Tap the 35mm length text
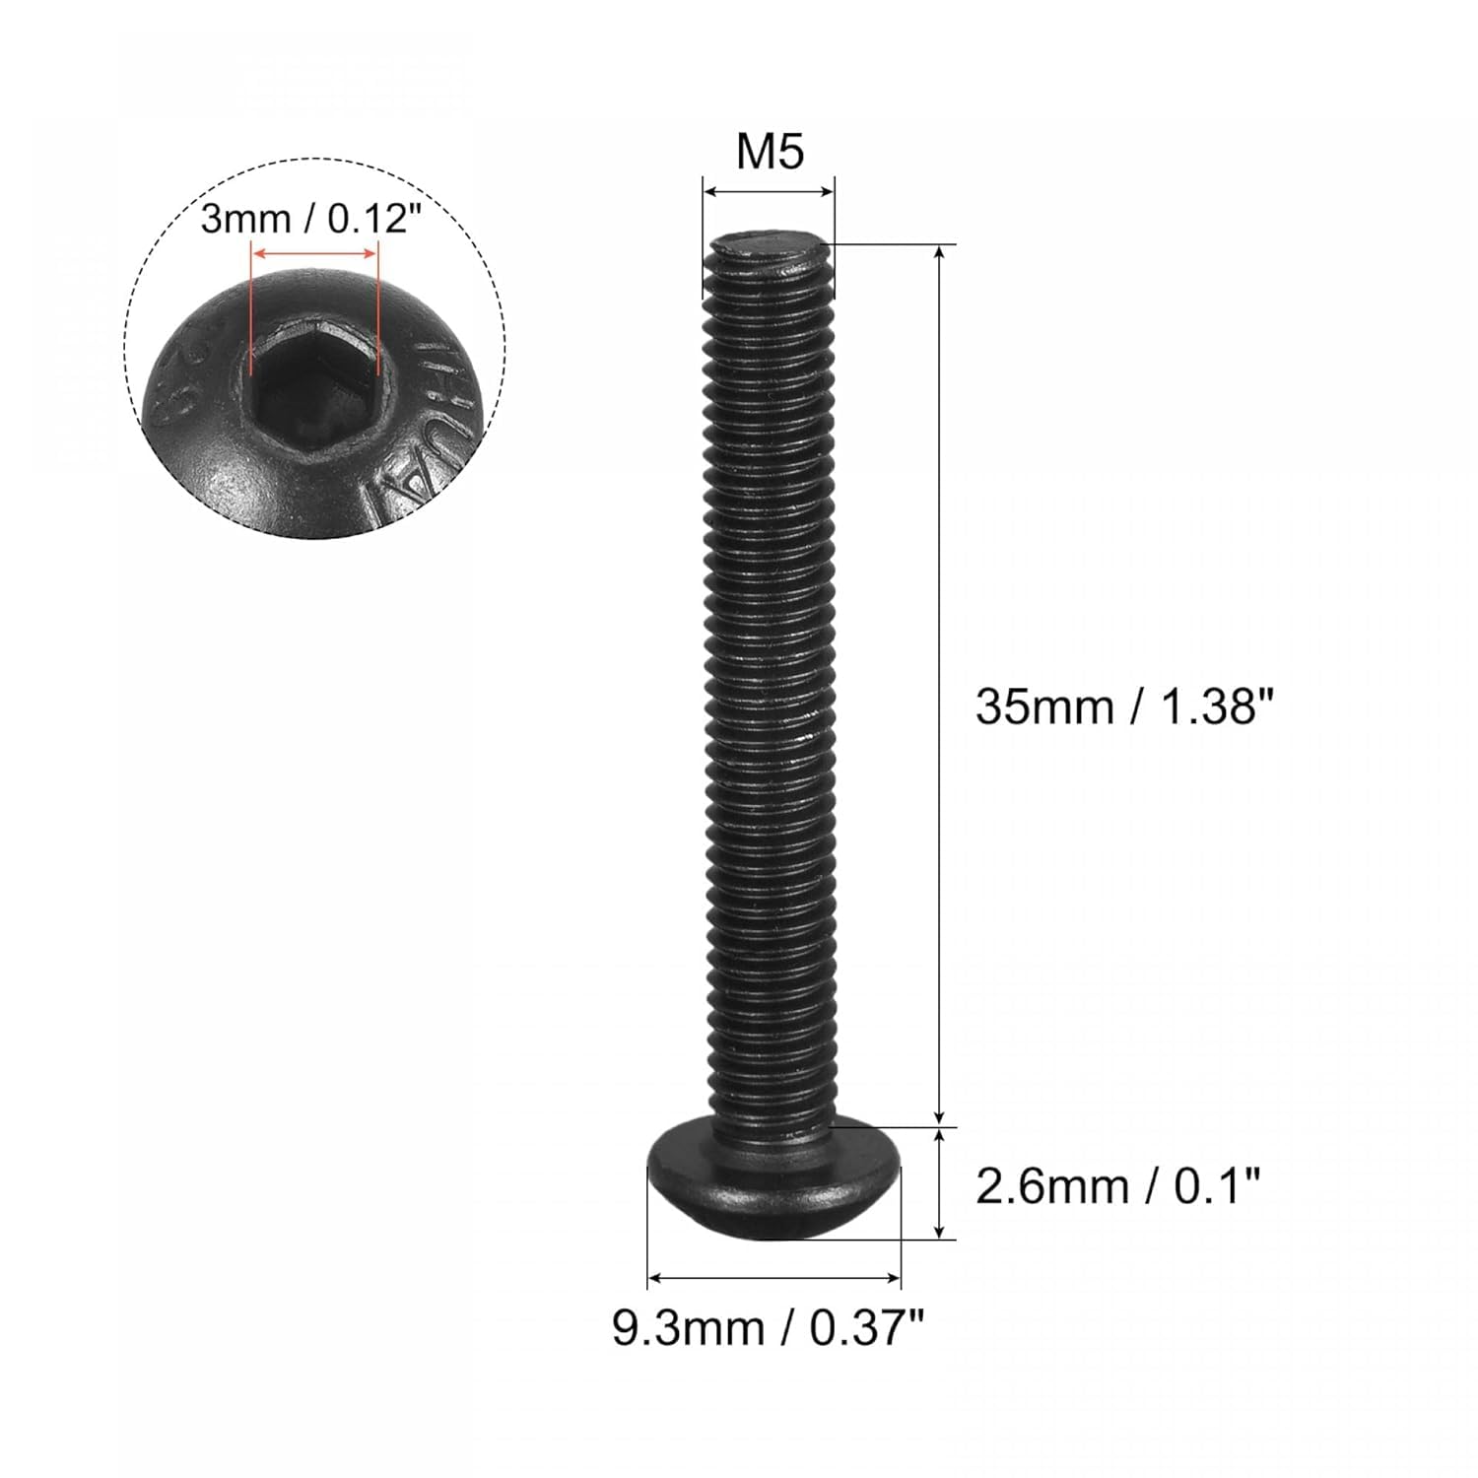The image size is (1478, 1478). tap(1043, 707)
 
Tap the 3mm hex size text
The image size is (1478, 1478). tap(242, 219)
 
